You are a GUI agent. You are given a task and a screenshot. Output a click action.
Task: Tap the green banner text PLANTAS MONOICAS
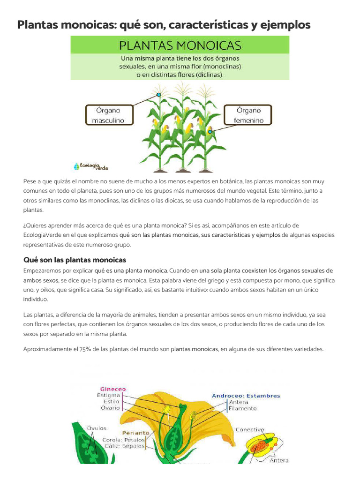(180, 45)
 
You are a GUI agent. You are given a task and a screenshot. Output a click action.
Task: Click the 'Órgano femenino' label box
(248, 115)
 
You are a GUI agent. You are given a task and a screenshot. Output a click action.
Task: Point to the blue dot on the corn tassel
(159, 95)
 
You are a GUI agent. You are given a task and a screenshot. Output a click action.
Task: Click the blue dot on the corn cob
(210, 132)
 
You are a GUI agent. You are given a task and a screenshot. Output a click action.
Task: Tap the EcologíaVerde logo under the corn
(91, 166)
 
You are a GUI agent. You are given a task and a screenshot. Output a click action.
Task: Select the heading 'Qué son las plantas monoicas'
(75, 260)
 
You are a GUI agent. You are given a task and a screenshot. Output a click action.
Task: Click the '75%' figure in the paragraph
(86, 349)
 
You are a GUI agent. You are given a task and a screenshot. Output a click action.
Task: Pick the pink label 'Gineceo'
(112, 389)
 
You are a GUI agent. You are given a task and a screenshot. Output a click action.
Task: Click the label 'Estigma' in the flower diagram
(109, 395)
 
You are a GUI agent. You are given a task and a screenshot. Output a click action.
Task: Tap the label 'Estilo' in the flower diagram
(112, 402)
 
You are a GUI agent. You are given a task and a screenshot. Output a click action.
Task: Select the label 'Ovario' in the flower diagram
(110, 408)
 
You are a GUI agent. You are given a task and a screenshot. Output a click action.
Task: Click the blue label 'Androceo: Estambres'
(246, 396)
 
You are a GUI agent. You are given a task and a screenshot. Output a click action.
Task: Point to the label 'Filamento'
(242, 408)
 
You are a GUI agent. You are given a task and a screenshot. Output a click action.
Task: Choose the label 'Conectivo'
(249, 429)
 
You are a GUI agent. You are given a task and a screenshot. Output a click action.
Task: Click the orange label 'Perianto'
(135, 433)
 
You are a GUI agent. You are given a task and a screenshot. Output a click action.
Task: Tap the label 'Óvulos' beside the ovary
(97, 428)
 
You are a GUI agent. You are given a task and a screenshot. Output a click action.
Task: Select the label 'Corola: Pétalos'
(124, 440)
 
